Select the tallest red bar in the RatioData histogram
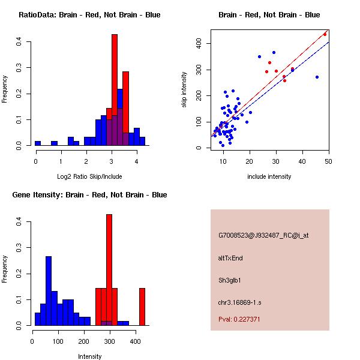[x=114, y=90]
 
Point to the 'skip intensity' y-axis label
[x=184, y=90]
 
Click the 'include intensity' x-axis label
[x=269, y=176]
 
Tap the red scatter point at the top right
[x=325, y=34]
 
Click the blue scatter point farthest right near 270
[x=317, y=77]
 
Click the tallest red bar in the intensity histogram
[x=109, y=270]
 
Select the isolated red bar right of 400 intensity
[x=142, y=307]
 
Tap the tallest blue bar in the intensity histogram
[x=49, y=291]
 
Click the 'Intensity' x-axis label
[x=89, y=356]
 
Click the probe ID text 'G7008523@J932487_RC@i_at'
[x=263, y=236]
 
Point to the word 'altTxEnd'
[x=231, y=258]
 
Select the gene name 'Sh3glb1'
[x=230, y=280]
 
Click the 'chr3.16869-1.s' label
[x=239, y=301]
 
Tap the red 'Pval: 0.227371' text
[x=239, y=319]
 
